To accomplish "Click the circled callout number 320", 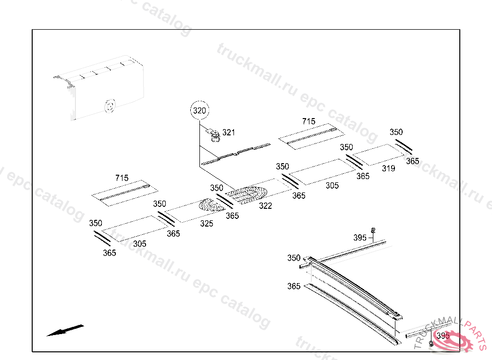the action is pyautogui.click(x=199, y=111).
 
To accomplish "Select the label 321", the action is pyautogui.click(x=229, y=132).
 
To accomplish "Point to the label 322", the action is pyautogui.click(x=265, y=206).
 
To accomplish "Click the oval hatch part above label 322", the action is pyautogui.click(x=247, y=194).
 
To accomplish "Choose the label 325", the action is pyautogui.click(x=207, y=224).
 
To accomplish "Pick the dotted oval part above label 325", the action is pyautogui.click(x=212, y=205).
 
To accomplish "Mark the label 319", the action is pyautogui.click(x=388, y=168).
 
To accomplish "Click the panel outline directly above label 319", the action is pyautogui.click(x=379, y=154).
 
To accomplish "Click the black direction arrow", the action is pyautogui.click(x=64, y=331).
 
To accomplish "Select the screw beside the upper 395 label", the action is pyautogui.click(x=373, y=231).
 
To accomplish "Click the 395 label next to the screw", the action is pyautogui.click(x=360, y=238).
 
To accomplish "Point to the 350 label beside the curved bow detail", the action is pyautogui.click(x=294, y=258).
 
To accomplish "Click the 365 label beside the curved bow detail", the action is pyautogui.click(x=294, y=287).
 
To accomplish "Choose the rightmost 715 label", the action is pyautogui.click(x=309, y=121).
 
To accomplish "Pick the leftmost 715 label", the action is pyautogui.click(x=122, y=178).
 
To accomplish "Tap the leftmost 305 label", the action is pyautogui.click(x=140, y=244).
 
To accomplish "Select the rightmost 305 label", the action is pyautogui.click(x=332, y=186).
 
